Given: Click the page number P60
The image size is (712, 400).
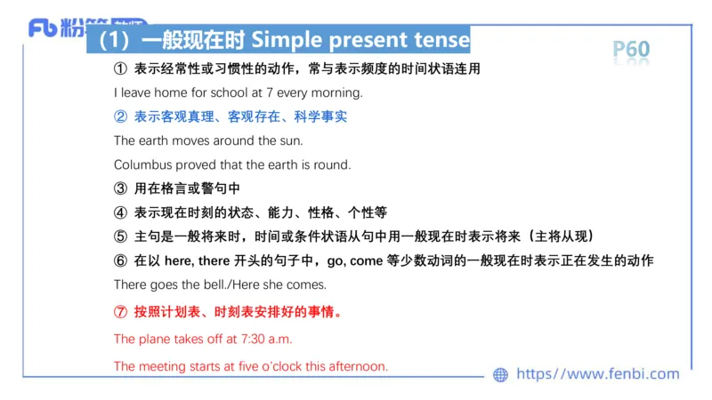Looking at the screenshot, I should coord(632,49).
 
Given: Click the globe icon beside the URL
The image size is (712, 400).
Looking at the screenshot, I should coord(500,375).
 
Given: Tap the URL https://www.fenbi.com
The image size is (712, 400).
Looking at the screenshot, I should coord(597,375).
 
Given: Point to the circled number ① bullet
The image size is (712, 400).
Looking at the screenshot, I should coord(121,68).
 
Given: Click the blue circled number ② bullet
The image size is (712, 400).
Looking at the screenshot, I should coord(121,116).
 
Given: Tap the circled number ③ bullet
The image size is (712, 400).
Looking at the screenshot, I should coord(121,188).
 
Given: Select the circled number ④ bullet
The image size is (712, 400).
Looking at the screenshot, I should coord(121,212).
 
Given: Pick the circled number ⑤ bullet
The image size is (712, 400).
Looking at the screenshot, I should coord(121,236).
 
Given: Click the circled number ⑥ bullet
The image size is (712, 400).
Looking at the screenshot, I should coord(121,260).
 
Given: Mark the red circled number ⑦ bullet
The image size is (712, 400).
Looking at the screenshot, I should coord(121,312).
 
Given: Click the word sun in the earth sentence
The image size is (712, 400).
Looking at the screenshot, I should coord(290,140).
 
